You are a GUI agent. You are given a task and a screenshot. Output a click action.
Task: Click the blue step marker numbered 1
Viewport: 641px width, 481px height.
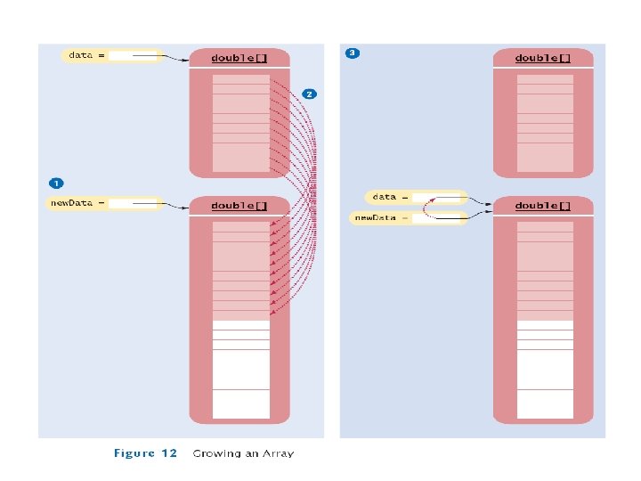56,183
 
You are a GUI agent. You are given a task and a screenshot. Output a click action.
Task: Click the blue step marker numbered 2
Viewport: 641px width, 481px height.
308,93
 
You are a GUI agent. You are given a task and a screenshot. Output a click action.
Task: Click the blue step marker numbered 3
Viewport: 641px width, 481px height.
353,53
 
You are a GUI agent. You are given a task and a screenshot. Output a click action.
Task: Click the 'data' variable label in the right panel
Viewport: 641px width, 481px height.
385,196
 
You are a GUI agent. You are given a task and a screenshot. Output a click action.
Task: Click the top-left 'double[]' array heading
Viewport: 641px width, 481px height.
239,58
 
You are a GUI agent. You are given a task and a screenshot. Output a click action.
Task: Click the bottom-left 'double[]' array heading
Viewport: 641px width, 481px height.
239,206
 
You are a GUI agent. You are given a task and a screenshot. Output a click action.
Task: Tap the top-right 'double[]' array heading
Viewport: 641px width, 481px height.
543,58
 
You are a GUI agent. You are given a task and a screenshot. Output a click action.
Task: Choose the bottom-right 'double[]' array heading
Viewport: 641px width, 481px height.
543,206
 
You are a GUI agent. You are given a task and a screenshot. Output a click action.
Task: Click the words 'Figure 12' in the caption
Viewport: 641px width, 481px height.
146,453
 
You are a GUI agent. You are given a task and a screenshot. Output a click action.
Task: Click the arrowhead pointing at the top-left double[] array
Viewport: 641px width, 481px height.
185,61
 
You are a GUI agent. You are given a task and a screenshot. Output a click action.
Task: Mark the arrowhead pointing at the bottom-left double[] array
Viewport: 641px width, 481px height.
185,208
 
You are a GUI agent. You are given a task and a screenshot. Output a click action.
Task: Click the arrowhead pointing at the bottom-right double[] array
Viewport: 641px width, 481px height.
490,206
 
